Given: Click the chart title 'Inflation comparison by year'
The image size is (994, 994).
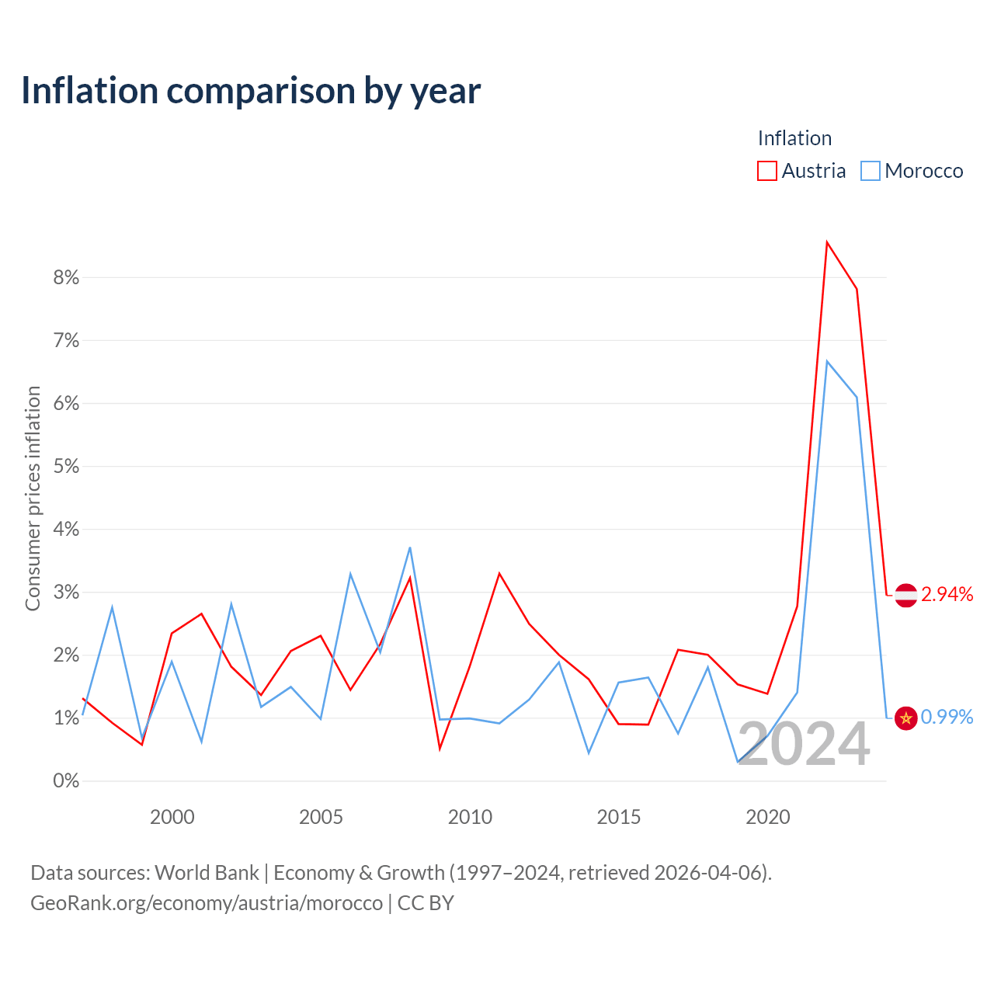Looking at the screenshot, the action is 251,91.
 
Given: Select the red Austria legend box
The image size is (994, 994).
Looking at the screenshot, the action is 766,171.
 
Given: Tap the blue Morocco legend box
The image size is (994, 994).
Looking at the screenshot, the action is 870,171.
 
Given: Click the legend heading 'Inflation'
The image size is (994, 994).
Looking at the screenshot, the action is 794,138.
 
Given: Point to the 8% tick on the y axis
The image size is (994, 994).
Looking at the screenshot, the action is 66,277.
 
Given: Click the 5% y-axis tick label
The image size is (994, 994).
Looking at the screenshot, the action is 66,466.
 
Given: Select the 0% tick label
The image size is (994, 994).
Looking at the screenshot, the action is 66,780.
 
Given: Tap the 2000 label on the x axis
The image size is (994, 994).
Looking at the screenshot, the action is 172,817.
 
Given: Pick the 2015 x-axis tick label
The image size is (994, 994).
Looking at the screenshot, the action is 618,817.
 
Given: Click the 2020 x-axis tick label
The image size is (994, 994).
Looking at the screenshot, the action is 767,817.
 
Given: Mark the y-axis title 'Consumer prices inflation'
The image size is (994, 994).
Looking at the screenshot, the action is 33,499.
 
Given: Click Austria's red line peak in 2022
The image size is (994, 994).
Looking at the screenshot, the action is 827,242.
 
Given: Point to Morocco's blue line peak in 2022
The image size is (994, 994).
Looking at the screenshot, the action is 827,361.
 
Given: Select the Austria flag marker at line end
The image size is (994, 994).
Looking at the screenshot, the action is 905,596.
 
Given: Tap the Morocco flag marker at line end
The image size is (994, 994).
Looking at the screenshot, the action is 905,718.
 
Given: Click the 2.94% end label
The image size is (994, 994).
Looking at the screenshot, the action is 947,595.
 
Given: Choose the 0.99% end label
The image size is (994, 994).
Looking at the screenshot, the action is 947,717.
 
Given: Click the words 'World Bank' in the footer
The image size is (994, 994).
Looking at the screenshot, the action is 207,873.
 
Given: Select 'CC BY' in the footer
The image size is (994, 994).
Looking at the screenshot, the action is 426,903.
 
